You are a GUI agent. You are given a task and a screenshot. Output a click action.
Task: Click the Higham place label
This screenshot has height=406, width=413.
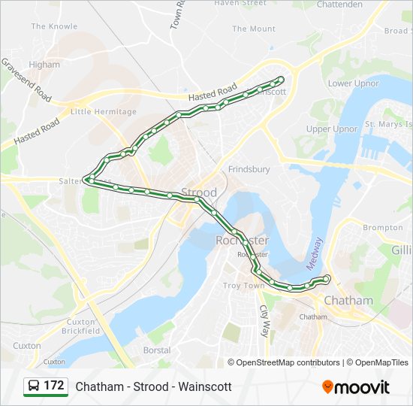(44, 65)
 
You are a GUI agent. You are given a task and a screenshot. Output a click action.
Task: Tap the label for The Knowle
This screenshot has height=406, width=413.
(54, 26)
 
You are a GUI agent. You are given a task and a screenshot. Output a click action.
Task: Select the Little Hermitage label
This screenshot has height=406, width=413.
(104, 112)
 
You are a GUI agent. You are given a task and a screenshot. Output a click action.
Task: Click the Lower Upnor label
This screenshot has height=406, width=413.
(352, 83)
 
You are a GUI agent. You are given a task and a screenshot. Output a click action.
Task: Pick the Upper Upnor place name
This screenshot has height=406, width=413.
(332, 129)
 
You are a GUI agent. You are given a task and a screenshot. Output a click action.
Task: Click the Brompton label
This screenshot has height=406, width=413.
(383, 227)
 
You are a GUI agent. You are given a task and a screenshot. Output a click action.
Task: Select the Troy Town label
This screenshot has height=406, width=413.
(243, 286)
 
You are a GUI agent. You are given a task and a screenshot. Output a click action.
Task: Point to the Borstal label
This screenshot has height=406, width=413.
(156, 350)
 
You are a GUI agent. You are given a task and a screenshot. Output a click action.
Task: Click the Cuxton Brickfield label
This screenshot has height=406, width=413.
(80, 326)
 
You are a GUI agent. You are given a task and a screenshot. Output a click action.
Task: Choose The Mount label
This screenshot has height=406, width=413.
(254, 29)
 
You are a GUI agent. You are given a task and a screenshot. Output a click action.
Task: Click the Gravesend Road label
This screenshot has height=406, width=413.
(26, 80)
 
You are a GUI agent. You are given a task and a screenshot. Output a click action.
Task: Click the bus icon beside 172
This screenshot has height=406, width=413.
(34, 386)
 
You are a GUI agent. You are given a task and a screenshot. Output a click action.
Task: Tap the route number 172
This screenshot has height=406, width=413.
(54, 386)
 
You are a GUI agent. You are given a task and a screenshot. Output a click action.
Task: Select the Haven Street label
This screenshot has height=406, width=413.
(240, 3)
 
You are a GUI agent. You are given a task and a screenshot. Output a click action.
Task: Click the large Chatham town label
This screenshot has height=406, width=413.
(348, 301)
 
